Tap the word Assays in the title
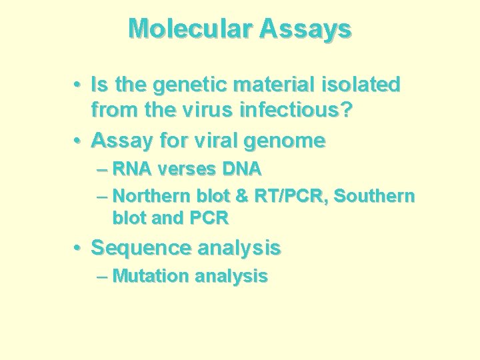(x=306, y=29)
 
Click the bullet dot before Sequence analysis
(x=79, y=248)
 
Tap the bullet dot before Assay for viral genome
(x=79, y=141)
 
